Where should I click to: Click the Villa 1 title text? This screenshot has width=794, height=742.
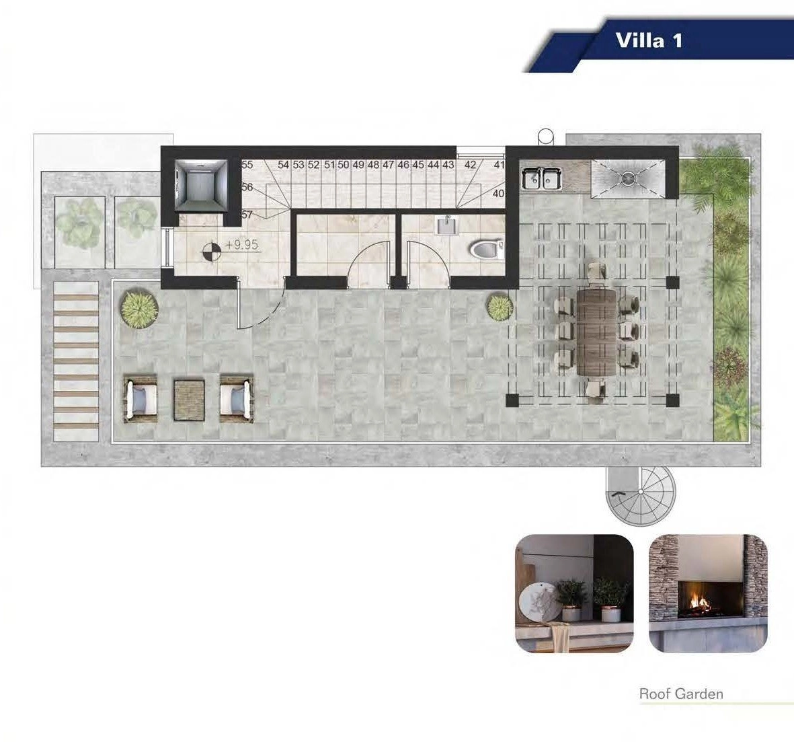point(649,40)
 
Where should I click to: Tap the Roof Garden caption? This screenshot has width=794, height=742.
point(681,694)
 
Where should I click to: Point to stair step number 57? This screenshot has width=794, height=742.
point(247,215)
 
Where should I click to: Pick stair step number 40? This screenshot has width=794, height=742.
point(498,193)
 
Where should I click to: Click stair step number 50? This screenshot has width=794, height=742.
point(344,165)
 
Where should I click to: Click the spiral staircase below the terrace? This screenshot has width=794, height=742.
point(641,495)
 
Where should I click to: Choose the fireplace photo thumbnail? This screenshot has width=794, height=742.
point(708,593)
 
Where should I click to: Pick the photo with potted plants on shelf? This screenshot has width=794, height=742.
point(574,593)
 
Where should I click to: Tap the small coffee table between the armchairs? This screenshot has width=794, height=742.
point(190,400)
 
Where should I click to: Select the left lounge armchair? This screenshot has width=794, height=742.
point(141,400)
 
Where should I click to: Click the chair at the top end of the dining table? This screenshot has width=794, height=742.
point(596,272)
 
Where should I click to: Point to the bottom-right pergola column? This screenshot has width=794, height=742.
point(672,400)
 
